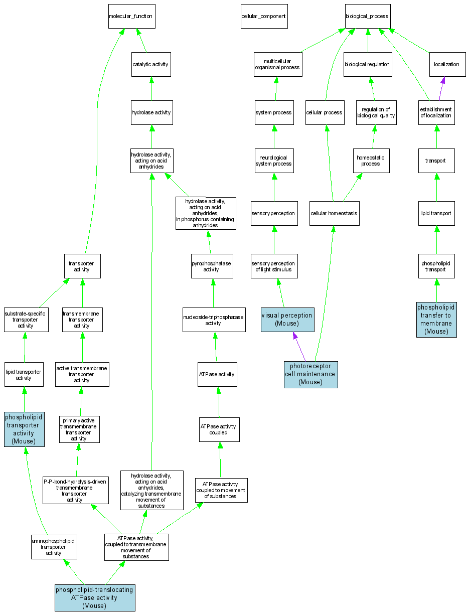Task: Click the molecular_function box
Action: [131, 17]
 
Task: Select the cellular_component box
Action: [263, 17]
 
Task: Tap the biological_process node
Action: [367, 17]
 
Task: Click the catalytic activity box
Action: [151, 64]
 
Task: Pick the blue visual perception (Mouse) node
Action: [287, 320]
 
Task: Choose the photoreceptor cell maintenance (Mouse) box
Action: [310, 374]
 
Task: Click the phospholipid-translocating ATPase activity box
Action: [95, 597]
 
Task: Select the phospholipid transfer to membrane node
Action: [436, 319]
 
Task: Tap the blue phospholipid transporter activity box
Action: [24, 429]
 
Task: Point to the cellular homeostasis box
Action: [334, 213]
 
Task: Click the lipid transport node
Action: [436, 213]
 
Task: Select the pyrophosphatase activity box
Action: [212, 266]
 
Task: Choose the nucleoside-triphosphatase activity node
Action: [214, 320]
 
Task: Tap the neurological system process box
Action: [274, 161]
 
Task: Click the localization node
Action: [446, 64]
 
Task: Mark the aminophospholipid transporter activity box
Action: [54, 547]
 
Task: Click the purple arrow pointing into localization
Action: [441, 88]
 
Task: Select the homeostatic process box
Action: [371, 161]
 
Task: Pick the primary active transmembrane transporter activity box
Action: [79, 429]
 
